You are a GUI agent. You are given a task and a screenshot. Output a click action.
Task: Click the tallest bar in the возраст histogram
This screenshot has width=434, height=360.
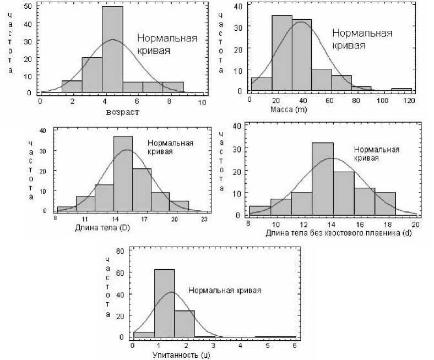[112, 50]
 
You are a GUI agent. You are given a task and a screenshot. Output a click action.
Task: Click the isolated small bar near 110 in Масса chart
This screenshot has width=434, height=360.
[402, 89]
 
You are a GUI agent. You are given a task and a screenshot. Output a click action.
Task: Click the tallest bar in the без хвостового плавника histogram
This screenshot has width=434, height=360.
[323, 178]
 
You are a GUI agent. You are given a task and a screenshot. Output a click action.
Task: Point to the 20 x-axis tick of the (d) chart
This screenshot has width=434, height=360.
[416, 225]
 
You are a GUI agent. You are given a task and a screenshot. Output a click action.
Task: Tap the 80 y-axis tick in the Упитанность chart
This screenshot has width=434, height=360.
[124, 250]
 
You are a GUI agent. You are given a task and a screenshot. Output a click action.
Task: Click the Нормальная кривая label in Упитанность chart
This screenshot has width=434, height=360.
[224, 290]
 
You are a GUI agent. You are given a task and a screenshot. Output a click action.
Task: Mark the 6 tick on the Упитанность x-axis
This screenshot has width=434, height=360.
[295, 346]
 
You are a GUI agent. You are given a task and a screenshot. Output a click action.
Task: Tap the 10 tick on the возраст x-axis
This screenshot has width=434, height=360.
[203, 102]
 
